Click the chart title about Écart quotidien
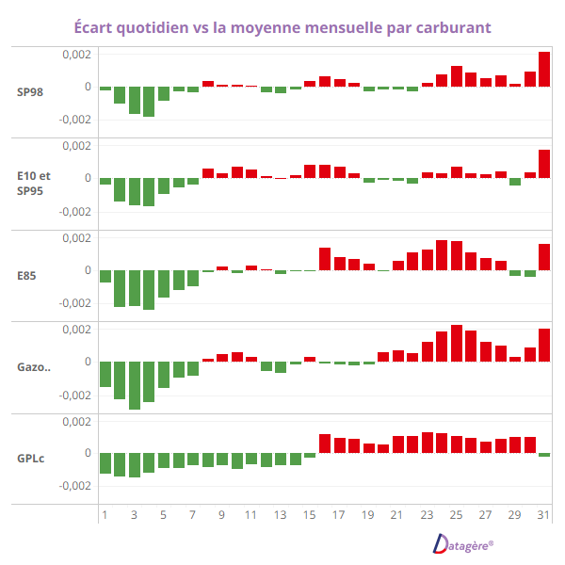[282, 26]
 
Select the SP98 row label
[30, 92]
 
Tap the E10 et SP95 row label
[33, 183]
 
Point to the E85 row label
[27, 275]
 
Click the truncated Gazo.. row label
[33, 366]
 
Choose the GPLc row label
[30, 459]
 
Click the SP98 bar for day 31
[544, 69]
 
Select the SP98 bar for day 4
[149, 102]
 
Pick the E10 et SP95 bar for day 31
[544, 164]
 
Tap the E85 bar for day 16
[325, 259]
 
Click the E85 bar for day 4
[149, 289]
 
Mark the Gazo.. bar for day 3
[135, 385]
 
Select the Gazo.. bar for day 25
[457, 344]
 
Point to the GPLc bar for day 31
[544, 455]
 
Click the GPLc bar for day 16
[325, 444]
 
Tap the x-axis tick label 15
[309, 516]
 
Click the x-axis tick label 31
[543, 516]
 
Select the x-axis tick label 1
[105, 516]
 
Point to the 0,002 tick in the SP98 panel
[76, 55]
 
